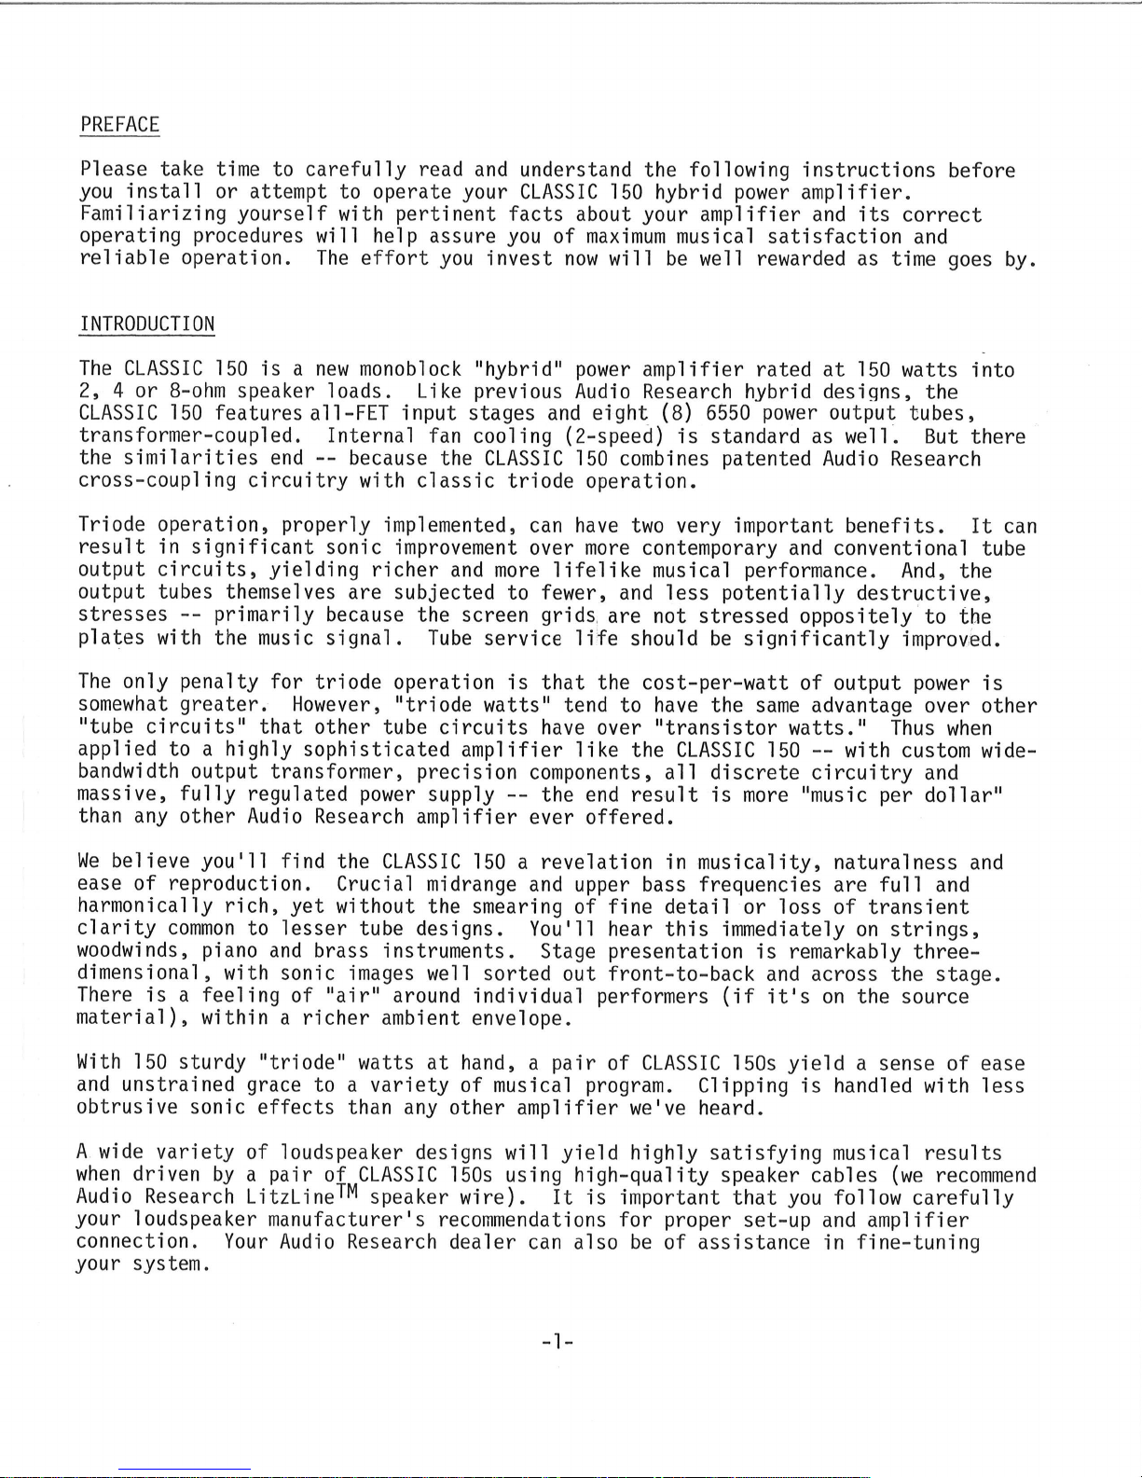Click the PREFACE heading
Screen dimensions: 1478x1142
click(x=119, y=125)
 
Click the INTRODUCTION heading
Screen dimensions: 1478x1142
click(x=147, y=325)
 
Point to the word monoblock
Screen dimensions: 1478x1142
click(x=410, y=369)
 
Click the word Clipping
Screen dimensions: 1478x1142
click(x=742, y=1086)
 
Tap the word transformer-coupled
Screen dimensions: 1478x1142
click(x=189, y=436)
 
